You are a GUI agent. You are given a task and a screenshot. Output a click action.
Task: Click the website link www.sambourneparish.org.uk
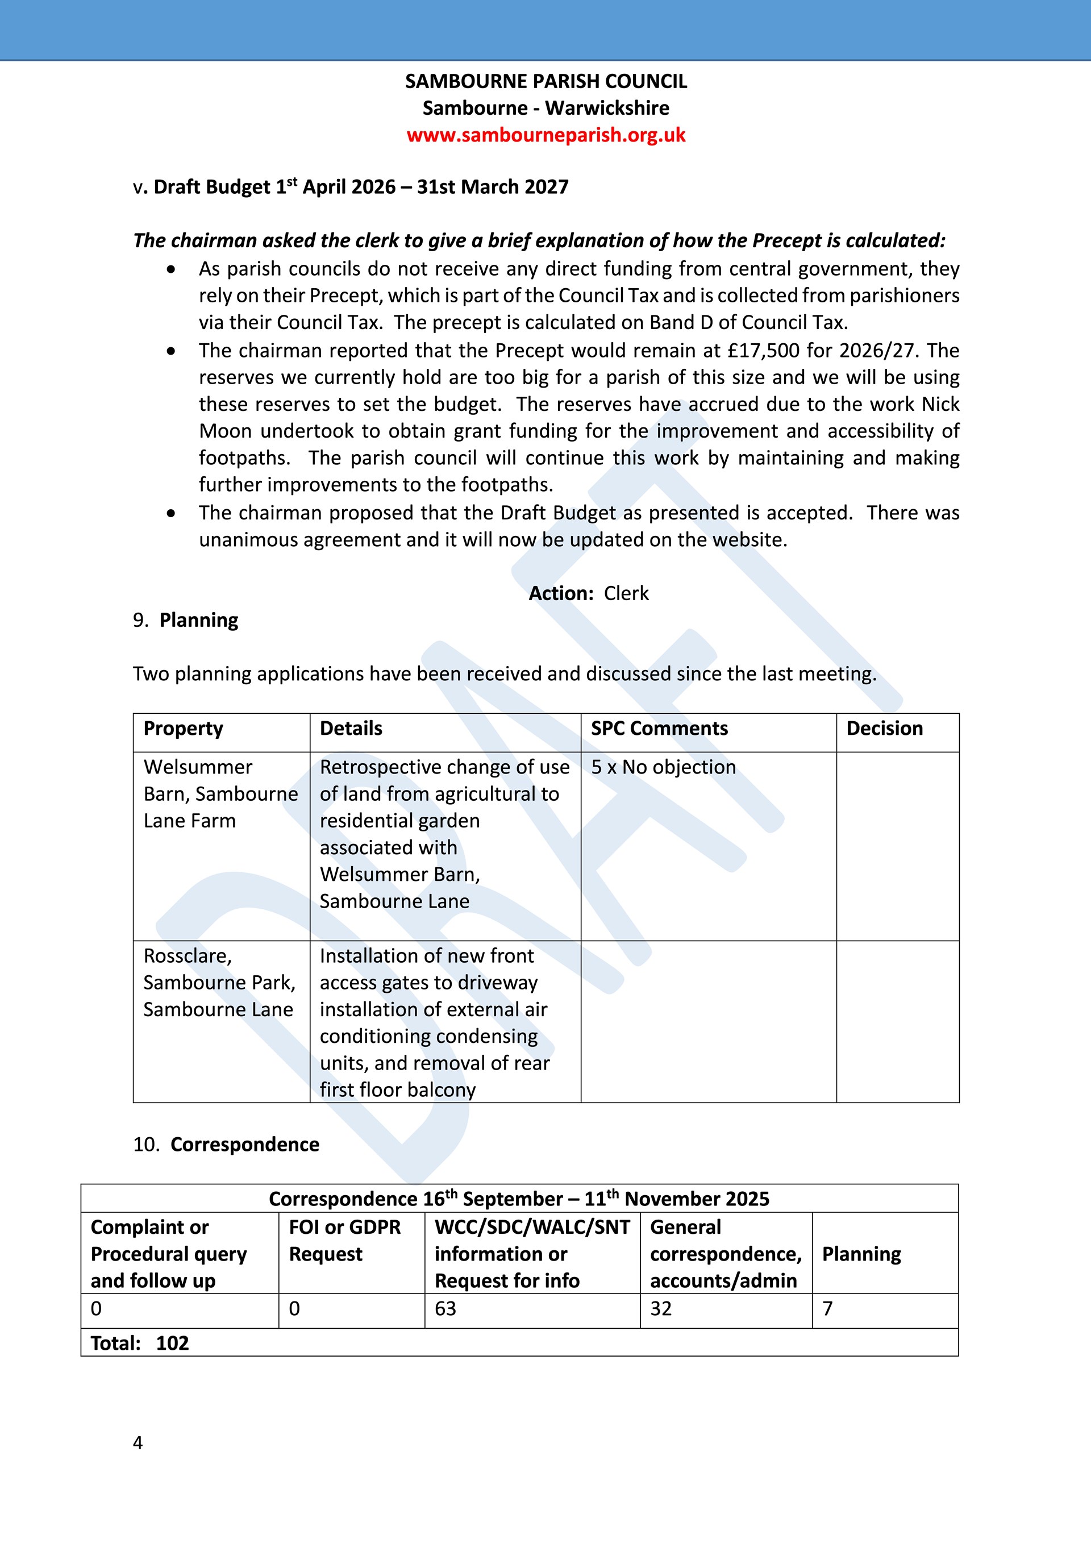pos(545,135)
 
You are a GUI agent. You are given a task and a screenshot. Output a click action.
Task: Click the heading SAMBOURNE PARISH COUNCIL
pos(545,81)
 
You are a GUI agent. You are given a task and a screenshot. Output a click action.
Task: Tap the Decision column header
pos(884,729)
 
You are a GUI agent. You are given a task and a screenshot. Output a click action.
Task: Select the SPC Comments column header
pos(659,729)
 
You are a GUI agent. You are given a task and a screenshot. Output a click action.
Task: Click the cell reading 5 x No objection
pos(663,767)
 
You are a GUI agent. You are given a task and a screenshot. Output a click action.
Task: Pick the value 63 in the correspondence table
pos(445,1308)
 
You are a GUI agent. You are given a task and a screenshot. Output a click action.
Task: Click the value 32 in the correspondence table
pos(660,1308)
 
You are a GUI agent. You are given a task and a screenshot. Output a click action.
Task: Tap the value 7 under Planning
pos(828,1308)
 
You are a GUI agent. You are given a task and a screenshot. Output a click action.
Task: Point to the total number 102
pos(172,1343)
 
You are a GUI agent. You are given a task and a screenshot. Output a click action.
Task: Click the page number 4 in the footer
pos(138,1443)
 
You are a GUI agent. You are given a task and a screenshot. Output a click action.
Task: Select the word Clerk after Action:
pos(626,593)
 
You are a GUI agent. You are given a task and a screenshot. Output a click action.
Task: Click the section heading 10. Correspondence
pos(226,1145)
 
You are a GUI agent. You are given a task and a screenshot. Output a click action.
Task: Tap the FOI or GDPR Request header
pos(345,1241)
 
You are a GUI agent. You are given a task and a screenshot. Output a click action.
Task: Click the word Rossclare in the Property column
pos(188,956)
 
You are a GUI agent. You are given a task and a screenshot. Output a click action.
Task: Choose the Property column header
pos(183,729)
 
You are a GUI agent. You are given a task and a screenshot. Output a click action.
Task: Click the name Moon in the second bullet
pos(225,431)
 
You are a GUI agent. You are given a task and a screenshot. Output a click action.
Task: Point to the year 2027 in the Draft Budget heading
pos(547,187)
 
